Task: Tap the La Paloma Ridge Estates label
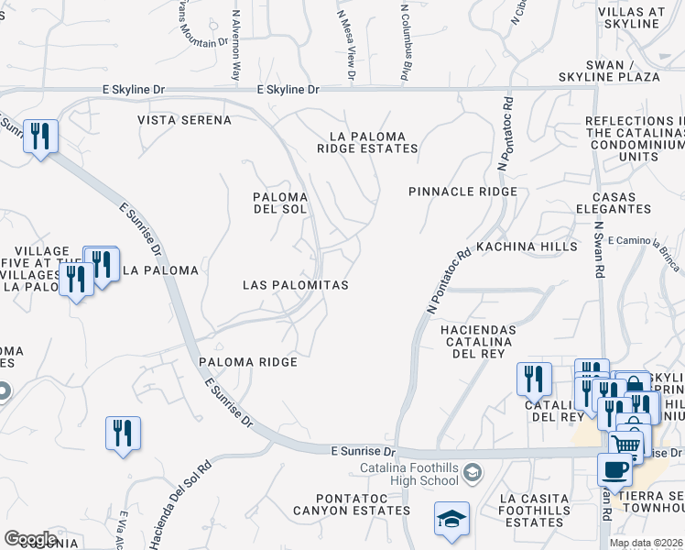pos(367,142)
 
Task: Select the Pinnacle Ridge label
pos(462,192)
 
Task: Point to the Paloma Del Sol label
pos(279,203)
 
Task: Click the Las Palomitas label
pos(295,285)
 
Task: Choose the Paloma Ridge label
pos(249,362)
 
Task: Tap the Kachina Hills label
pos(527,247)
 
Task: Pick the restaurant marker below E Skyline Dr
pos(40,137)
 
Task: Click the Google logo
pos(30,539)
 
